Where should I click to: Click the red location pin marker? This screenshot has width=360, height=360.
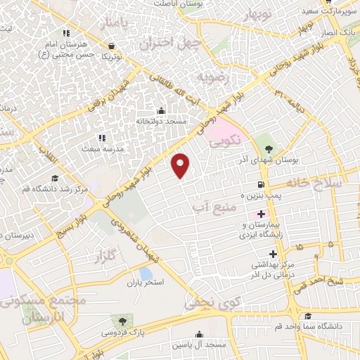pyautogui.click(x=181, y=165)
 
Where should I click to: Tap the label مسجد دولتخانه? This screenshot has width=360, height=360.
pyautogui.click(x=161, y=122)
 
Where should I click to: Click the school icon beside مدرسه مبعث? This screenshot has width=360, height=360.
pyautogui.click(x=101, y=138)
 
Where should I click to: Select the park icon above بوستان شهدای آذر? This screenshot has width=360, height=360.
pyautogui.click(x=269, y=148)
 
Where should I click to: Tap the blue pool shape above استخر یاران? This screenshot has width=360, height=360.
pyautogui.click(x=146, y=273)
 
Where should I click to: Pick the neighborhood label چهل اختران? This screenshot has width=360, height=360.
pyautogui.click(x=170, y=44)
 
